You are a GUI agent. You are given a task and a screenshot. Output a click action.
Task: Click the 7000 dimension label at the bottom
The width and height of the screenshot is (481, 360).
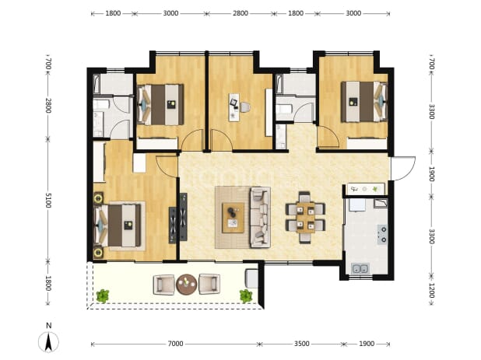[175, 344]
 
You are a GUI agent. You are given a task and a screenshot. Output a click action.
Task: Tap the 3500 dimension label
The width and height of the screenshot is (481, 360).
[302, 344]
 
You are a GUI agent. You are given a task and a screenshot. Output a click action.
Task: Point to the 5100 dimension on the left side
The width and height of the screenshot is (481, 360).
[48, 201]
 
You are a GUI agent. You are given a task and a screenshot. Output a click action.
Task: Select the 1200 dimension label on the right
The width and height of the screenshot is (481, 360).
[432, 291]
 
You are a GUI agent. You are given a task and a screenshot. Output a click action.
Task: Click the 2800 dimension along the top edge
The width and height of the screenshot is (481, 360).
[240, 13]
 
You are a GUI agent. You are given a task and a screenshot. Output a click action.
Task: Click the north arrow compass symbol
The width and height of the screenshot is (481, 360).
[48, 341]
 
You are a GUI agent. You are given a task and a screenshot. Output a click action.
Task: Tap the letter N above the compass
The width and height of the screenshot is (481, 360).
[48, 326]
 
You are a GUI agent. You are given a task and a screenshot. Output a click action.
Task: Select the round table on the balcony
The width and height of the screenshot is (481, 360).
[187, 285]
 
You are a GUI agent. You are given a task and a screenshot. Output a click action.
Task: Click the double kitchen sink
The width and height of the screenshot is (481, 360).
[360, 269]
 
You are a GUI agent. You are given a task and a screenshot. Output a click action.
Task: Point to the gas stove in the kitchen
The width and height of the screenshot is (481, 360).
[382, 234]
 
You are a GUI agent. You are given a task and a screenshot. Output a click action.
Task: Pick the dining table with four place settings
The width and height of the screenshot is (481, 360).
[306, 218]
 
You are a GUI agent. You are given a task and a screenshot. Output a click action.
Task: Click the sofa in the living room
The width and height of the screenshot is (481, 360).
[260, 217]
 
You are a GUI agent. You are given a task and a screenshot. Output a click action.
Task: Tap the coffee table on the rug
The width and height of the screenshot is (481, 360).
[233, 218]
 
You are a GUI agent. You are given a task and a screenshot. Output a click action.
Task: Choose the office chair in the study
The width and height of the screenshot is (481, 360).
[245, 107]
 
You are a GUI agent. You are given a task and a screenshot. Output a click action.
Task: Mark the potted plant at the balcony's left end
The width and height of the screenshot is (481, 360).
[103, 296]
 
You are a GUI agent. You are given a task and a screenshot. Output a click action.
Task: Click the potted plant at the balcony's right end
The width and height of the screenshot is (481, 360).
[246, 296]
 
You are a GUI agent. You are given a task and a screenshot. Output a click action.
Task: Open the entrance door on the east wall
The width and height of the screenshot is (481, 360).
[402, 169]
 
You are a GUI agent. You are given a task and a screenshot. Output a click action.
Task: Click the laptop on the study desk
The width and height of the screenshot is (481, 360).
[233, 103]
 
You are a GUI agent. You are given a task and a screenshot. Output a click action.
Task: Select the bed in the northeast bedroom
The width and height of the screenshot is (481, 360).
[364, 102]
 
